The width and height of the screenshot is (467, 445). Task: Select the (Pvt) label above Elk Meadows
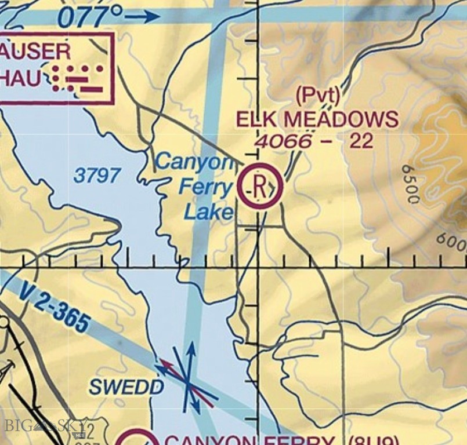317,94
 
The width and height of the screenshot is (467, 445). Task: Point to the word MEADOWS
342,120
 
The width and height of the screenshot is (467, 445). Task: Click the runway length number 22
361,141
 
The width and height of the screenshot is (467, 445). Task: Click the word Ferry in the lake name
205,187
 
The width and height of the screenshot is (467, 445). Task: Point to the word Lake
208,212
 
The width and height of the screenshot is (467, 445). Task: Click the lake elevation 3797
97,175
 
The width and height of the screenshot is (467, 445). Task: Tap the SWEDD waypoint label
126,387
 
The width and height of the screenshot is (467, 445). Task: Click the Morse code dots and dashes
78,78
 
